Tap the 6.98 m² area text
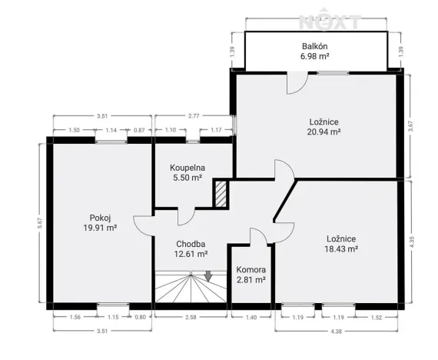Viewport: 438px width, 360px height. (316, 56)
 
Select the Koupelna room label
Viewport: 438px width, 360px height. (187, 165)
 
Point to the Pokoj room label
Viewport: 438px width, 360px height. (101, 217)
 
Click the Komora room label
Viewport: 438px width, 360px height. (251, 270)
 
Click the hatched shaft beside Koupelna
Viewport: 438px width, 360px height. (221, 193)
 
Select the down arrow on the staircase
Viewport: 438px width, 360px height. (208, 276)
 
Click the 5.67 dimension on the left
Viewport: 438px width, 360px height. (40, 223)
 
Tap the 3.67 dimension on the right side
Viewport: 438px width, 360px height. (411, 125)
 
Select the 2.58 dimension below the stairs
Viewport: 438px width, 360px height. (191, 317)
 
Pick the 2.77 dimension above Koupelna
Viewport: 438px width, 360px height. (194, 116)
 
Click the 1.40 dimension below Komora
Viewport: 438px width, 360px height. (251, 317)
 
